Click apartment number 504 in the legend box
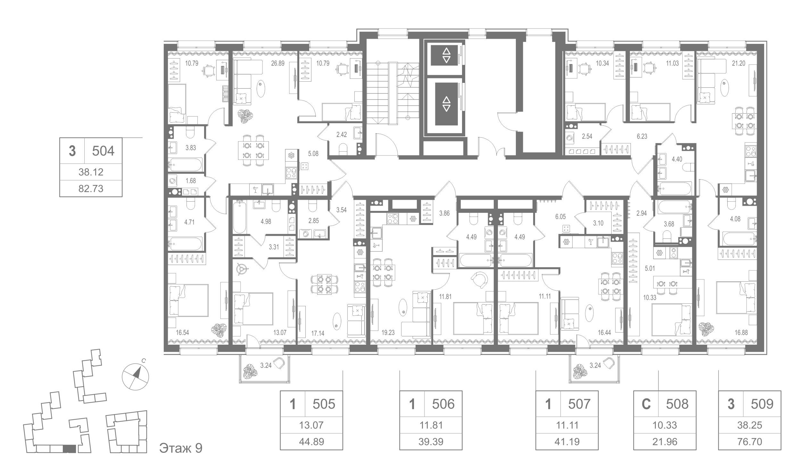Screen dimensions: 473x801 pyautogui.click(x=103, y=151)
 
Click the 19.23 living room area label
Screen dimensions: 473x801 pyautogui.click(x=388, y=333)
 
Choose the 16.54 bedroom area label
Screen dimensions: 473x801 pyautogui.click(x=182, y=333)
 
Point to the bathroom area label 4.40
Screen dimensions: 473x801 pyautogui.click(x=677, y=159)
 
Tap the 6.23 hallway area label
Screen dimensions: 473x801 pyautogui.click(x=642, y=136)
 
